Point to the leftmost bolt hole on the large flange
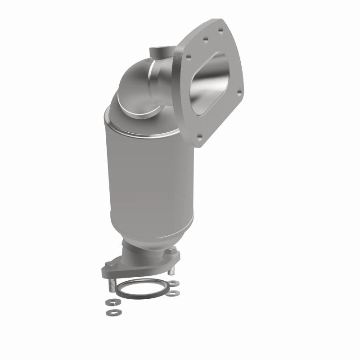(x=188, y=57)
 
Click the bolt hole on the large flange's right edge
(x=239, y=92)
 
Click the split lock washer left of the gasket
(x=111, y=302)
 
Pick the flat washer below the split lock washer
(x=109, y=312)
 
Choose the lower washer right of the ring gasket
(x=174, y=293)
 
